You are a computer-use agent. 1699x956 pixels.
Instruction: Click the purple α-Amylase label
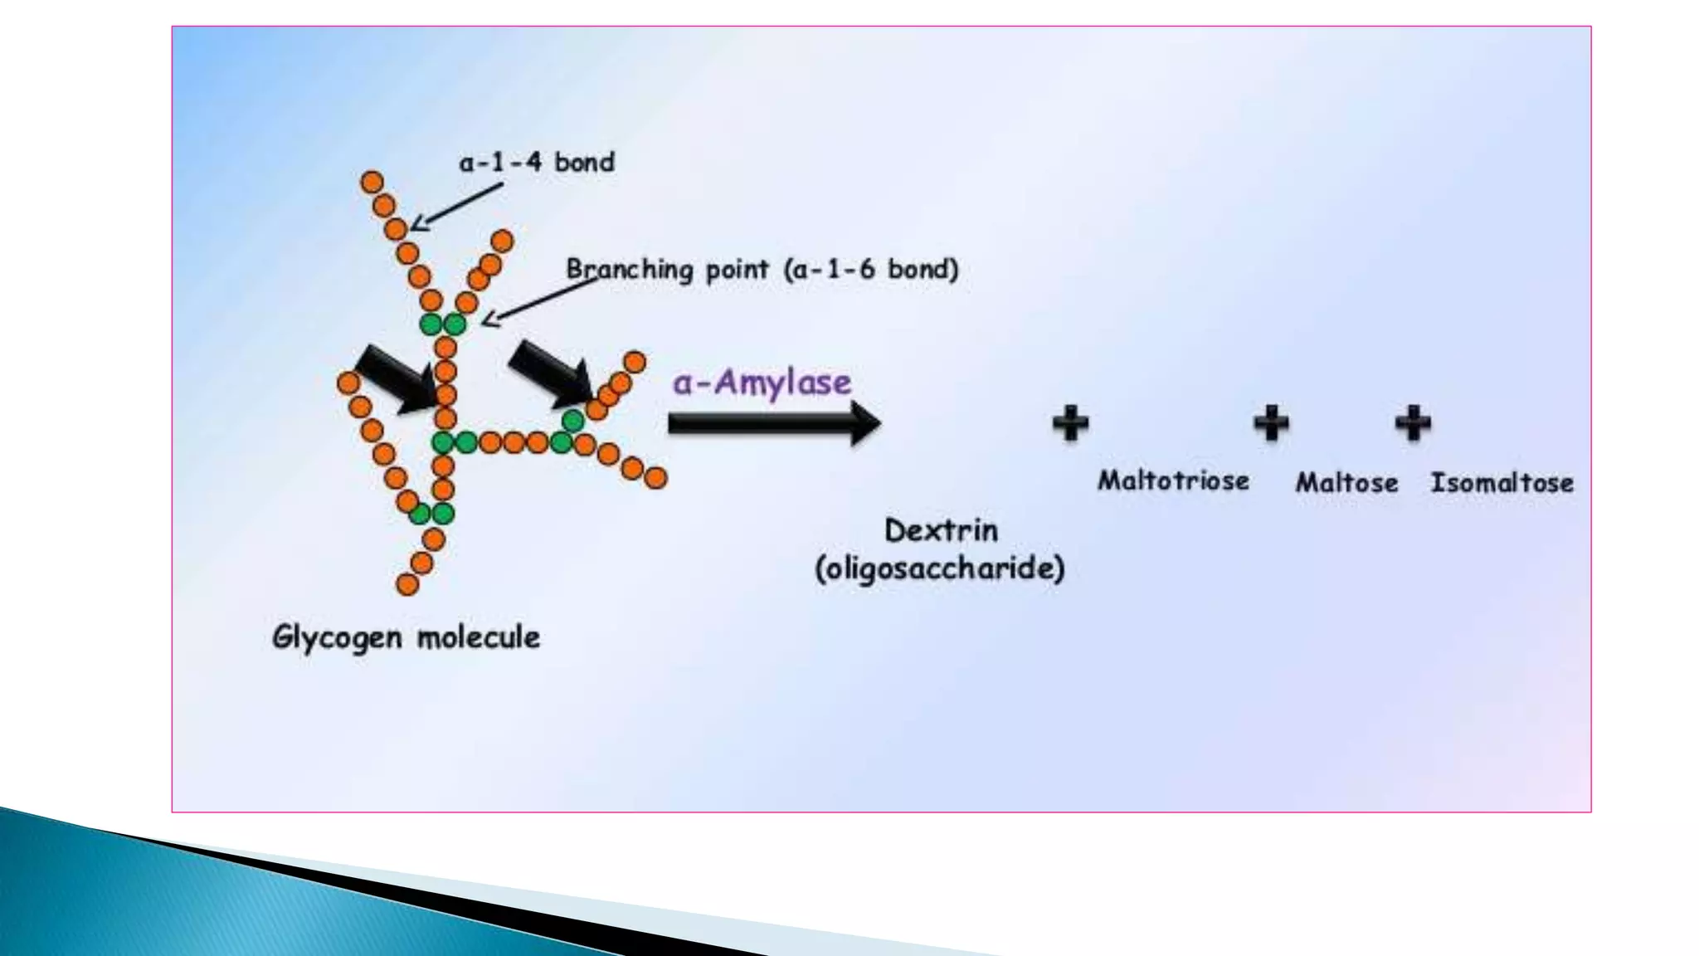[762, 383]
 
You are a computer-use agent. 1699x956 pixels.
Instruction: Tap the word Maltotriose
[1173, 480]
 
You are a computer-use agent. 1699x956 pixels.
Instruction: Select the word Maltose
[1346, 482]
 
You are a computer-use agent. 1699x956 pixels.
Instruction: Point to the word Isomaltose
[1502, 482]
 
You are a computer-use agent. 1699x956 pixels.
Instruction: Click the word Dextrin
[941, 530]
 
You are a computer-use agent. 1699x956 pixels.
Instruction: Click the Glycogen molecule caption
[406, 637]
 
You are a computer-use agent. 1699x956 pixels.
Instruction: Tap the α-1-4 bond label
[537, 162]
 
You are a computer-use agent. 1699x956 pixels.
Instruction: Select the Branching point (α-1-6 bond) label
[762, 269]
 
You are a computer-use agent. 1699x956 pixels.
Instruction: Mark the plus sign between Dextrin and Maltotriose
[1070, 423]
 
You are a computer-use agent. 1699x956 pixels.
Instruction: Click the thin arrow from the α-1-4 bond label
[456, 206]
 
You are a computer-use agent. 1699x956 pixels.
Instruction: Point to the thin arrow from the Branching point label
[539, 299]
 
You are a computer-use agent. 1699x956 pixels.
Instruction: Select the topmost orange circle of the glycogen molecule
[372, 182]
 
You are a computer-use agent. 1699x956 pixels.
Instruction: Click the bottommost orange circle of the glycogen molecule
[407, 585]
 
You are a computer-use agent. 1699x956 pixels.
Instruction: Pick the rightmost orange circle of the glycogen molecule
[655, 478]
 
